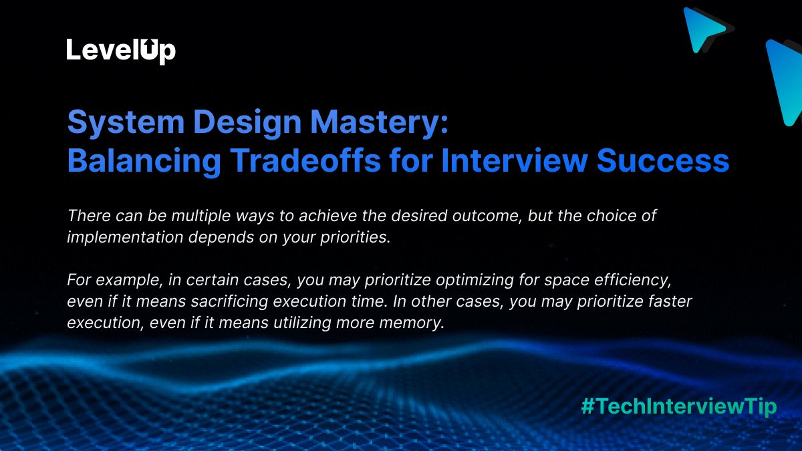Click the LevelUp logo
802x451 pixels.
[121, 51]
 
